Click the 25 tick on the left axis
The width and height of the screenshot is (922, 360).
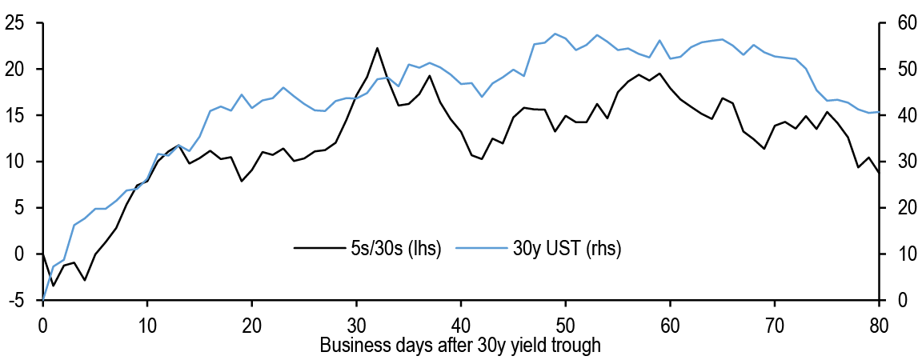[x=14, y=23]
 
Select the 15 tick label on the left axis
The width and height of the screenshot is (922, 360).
[x=14, y=115]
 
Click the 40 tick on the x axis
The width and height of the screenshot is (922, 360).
[x=461, y=325]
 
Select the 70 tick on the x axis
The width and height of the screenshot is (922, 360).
[x=775, y=325]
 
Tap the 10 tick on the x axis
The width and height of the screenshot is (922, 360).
[x=147, y=325]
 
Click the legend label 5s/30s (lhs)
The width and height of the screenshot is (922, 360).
[x=393, y=247]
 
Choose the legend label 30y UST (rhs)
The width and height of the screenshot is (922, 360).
[x=566, y=247]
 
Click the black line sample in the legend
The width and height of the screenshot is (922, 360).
[x=315, y=247]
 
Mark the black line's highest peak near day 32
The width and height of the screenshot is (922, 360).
[x=377, y=48]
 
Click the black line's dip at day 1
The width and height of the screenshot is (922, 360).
[x=53, y=286]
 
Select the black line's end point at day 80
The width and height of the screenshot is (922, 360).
[x=880, y=172]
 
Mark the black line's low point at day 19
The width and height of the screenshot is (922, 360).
[x=241, y=181]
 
